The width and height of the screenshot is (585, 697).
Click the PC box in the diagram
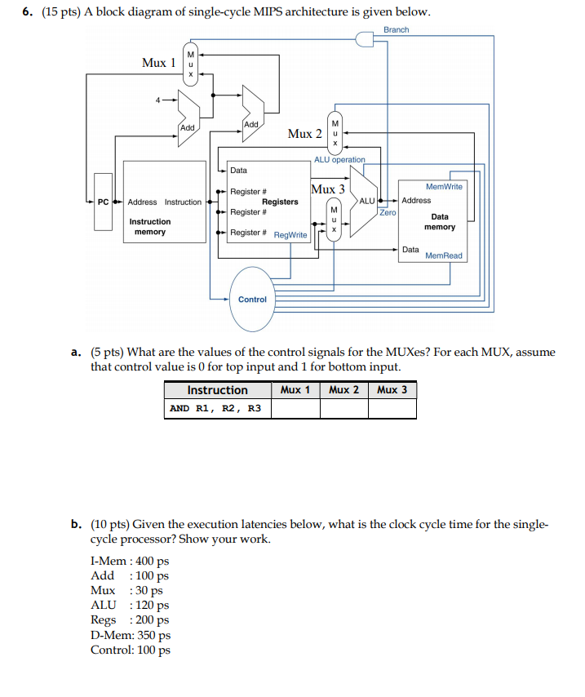[x=103, y=202]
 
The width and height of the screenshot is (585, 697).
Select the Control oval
[x=252, y=299]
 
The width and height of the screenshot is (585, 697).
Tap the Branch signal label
[x=396, y=30]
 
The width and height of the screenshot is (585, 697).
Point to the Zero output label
[x=388, y=212]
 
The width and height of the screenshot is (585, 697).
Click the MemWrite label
[x=444, y=187]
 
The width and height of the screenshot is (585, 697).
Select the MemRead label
[x=443, y=255]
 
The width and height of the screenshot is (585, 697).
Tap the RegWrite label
[x=290, y=235]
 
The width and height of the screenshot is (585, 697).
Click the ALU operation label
[x=339, y=160]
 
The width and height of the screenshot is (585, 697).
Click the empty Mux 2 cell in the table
[x=343, y=408]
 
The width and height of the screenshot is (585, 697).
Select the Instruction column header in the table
[x=217, y=390]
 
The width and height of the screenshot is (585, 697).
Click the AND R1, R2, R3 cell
[x=217, y=408]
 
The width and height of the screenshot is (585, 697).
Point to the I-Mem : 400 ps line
[x=130, y=561]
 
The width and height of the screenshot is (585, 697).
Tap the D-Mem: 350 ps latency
[x=131, y=635]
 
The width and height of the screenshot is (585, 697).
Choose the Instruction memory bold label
[x=150, y=227]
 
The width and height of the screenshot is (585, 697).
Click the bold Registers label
[x=280, y=202]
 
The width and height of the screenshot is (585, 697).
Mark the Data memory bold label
[x=440, y=222]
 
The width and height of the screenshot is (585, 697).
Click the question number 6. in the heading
[x=27, y=13]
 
